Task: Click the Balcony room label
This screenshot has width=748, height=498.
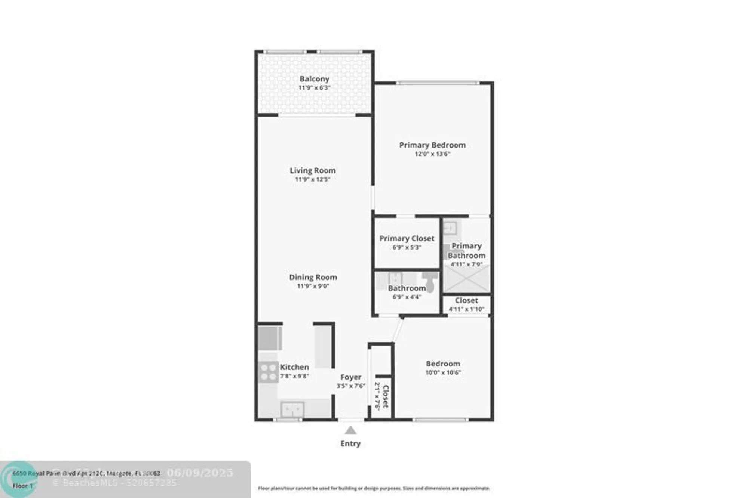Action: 314,79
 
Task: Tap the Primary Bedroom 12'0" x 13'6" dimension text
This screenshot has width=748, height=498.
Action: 432,154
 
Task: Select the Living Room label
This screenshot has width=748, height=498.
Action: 313,170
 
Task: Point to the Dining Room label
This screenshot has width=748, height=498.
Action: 313,277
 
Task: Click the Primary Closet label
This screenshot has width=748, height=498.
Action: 407,238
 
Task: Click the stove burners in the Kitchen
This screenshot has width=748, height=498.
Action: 268,372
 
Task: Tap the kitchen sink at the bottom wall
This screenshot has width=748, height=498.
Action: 292,409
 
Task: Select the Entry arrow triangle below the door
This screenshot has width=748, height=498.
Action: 350,431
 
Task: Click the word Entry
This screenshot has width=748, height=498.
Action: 350,443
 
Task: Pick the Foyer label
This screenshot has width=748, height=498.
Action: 351,377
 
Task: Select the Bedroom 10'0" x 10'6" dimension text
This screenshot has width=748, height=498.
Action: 443,372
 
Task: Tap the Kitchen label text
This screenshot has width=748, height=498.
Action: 294,367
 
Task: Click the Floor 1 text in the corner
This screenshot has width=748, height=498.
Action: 22,486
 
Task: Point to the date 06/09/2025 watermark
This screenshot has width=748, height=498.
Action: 200,473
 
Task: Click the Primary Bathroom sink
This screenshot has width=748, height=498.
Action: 450,228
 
